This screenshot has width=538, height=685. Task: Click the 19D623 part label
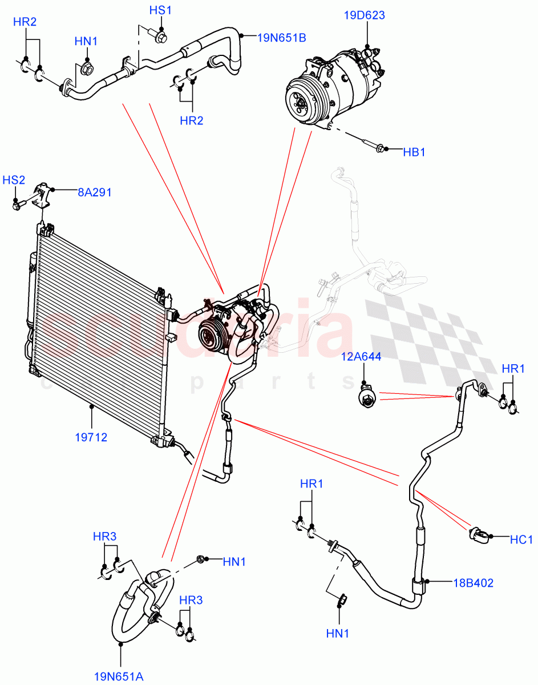pos(364,15)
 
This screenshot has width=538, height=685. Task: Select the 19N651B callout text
pos(281,38)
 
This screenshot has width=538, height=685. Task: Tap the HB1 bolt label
pos(414,152)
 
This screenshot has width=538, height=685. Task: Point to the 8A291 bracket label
pos(94,192)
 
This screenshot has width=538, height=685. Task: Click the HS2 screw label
pos(14,180)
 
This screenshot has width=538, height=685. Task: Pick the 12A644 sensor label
pos(362,357)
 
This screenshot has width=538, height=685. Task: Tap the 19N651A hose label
pos(119,676)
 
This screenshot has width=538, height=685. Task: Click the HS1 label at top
pos(160,11)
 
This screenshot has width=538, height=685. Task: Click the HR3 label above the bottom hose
pos(104,537)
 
